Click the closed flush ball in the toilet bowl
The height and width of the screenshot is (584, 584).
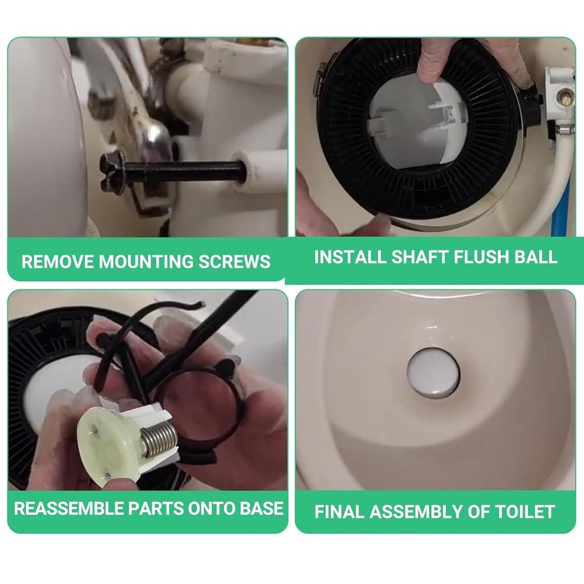point(433,374)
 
